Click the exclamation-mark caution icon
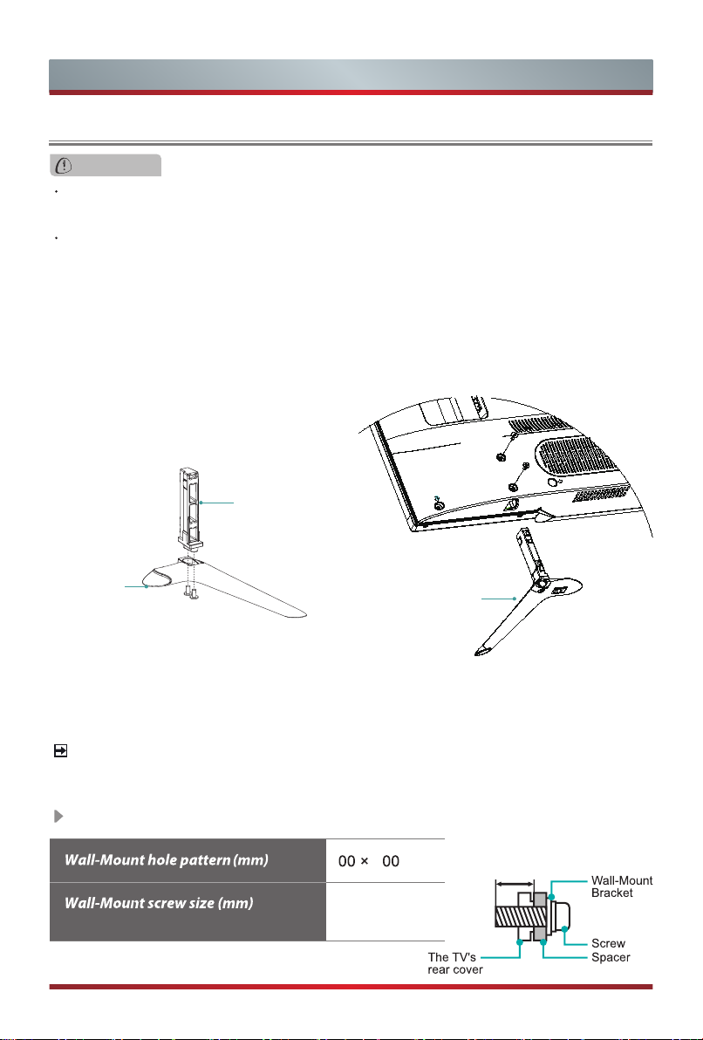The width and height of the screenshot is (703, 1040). pos(64,166)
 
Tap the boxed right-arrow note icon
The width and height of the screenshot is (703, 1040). pos(60,751)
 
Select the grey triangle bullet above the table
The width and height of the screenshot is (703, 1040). pos(59,816)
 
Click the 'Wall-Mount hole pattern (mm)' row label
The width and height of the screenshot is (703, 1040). pos(167,860)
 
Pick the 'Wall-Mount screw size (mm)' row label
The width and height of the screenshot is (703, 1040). pos(159,903)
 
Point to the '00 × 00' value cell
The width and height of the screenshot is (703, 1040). pos(369,861)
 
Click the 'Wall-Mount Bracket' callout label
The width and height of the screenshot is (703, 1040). pos(621,886)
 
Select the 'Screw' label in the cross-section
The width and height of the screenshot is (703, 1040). pos(608,943)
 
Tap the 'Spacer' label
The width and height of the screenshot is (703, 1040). pos(611,957)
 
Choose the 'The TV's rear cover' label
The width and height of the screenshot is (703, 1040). pos(455,963)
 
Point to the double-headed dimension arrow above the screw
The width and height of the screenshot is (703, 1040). pos(515,884)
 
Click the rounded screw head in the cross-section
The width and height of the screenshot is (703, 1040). pos(558,917)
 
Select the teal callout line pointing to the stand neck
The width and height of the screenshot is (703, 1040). pos(217,503)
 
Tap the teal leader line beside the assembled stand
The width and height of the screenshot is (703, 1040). pos(499,599)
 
